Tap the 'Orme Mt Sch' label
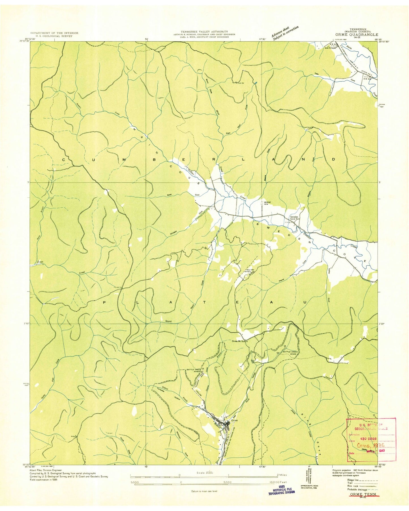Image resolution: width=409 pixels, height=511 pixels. click(240, 341)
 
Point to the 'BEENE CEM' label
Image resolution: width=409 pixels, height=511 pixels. click(267, 203)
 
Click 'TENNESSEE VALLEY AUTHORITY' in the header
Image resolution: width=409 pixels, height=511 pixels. click(204, 31)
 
